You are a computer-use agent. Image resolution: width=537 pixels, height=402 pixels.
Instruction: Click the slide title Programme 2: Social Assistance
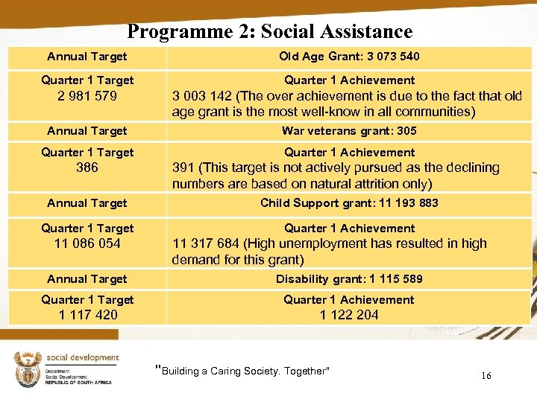[x=269, y=31]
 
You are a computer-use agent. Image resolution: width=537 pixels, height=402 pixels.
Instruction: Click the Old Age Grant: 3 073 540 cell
[x=348, y=57]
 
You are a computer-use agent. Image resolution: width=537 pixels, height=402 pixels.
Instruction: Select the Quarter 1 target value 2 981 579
[x=87, y=96]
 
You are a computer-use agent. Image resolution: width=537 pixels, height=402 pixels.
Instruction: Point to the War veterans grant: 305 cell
[x=348, y=131]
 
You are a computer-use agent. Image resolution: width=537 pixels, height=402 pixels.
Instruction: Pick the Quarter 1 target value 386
[x=87, y=168]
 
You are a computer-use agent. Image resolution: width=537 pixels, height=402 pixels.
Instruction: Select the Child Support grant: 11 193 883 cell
[x=348, y=203]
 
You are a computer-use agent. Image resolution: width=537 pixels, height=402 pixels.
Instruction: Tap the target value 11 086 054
[x=87, y=243]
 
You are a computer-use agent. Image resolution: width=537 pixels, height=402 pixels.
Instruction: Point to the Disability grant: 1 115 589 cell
[x=348, y=279]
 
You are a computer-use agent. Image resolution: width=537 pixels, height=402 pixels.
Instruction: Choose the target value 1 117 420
[x=87, y=315]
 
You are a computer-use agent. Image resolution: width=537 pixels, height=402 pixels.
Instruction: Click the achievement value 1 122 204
[x=348, y=315]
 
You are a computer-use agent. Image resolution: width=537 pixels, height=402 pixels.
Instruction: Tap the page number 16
[x=486, y=376]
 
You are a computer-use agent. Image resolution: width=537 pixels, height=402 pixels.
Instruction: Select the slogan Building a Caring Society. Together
[x=242, y=371]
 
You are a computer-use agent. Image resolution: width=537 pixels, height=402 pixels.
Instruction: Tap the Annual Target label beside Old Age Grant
[x=87, y=57]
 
